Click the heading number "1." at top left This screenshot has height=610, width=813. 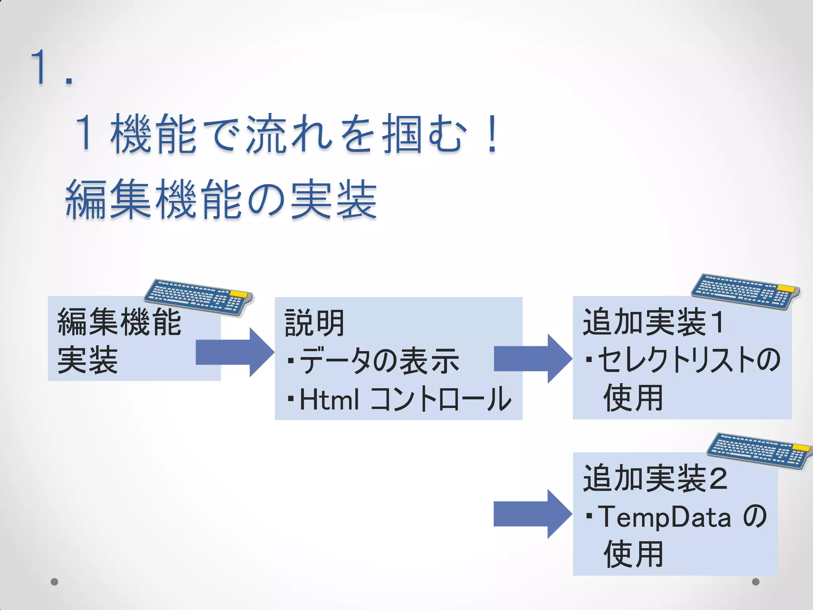coord(52,68)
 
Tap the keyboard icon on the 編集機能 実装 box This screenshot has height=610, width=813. coord(198,297)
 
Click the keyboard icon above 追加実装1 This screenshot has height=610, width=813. coord(746,291)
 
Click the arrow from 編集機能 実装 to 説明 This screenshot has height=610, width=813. coord(235,352)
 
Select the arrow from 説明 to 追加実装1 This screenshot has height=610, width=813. coord(533,358)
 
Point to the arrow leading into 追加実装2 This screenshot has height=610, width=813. coord(533,514)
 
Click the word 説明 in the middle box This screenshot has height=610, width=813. coord(314,323)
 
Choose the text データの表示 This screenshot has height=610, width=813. coord(379,361)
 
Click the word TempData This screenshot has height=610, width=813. coord(664,517)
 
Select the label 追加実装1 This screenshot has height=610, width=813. coord(653,322)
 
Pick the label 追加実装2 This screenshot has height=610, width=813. coord(655,478)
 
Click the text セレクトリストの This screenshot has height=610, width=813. coord(689,360)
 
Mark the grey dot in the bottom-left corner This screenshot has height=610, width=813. coord(55,582)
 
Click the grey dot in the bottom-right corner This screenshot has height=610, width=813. coord(756,582)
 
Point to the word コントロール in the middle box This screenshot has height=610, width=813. coord(441,399)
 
